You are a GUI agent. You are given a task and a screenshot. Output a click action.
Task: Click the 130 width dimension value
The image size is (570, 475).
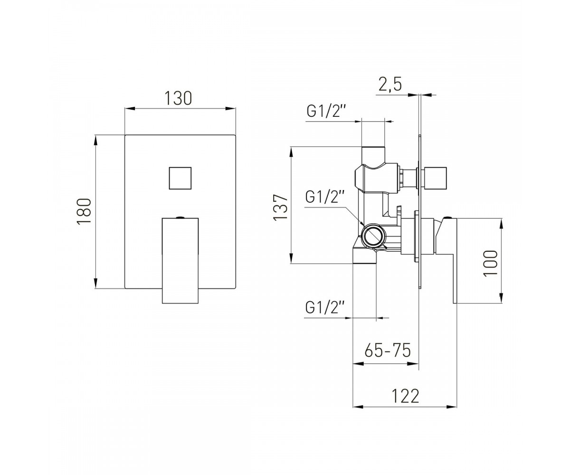pos(178,98)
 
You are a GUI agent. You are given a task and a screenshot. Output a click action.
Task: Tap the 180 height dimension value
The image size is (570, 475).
pos(84,211)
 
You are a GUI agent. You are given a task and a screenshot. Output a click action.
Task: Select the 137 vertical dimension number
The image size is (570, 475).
pos(281,207)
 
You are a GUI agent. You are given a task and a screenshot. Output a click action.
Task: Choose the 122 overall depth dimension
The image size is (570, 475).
pos(405,396)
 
